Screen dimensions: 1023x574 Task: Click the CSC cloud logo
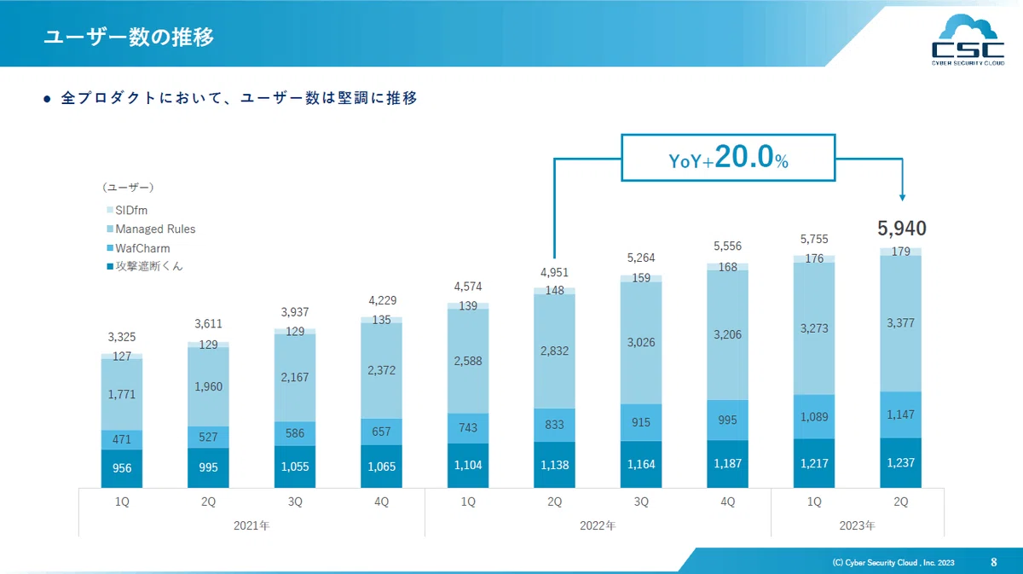(968, 40)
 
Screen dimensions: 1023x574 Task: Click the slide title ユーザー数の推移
(129, 37)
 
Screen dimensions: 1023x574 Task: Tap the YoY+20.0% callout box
(728, 158)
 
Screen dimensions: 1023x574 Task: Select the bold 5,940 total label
(902, 228)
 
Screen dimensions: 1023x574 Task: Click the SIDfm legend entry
(127, 210)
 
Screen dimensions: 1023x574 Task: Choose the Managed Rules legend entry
(151, 229)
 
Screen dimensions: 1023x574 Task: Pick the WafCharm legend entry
(138, 248)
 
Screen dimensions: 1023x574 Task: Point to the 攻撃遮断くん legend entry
(145, 266)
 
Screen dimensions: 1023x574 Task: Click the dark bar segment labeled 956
(122, 468)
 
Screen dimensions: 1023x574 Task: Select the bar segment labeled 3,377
(900, 323)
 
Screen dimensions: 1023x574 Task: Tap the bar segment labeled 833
(554, 425)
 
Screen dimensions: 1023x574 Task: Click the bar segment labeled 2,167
(295, 378)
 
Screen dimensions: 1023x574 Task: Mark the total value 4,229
(383, 300)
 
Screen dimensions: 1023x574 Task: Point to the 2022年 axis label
(598, 525)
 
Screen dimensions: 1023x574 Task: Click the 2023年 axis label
(858, 525)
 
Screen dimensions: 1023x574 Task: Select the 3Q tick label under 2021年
(295, 502)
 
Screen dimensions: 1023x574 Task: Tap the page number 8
(993, 562)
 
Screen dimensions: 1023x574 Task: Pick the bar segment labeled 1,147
(900, 415)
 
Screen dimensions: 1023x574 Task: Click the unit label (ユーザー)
(129, 187)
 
